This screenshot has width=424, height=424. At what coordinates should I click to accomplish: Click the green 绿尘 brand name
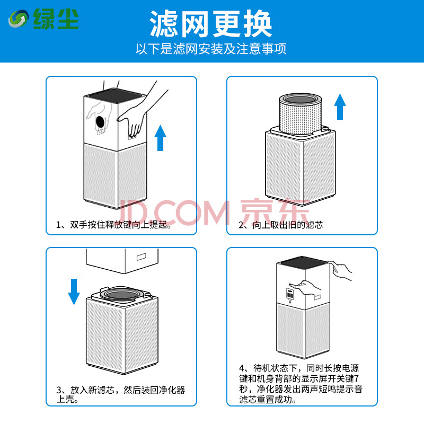56,19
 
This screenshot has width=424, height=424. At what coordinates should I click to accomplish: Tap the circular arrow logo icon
19,19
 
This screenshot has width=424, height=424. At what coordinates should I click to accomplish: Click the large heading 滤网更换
210,24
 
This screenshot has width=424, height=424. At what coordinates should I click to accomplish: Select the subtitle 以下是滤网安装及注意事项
211,49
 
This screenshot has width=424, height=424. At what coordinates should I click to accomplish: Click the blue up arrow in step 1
161,138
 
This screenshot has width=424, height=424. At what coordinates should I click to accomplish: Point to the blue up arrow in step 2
340,107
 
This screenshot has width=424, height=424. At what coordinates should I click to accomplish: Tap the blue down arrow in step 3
74,292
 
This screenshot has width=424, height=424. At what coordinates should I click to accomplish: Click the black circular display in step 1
100,122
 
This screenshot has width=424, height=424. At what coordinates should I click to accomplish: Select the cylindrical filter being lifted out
301,113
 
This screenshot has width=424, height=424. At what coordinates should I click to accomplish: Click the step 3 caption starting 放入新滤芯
121,394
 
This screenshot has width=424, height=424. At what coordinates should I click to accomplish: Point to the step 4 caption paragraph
301,384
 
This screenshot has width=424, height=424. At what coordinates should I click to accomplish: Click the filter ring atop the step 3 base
121,294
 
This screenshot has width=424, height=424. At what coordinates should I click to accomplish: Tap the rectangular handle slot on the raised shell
142,257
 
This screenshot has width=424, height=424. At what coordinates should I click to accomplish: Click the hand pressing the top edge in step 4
340,270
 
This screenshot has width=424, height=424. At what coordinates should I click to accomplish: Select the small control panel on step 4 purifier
290,294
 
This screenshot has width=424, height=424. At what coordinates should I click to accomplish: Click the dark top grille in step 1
116,95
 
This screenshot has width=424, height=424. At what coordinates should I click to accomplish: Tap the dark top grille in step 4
303,262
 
